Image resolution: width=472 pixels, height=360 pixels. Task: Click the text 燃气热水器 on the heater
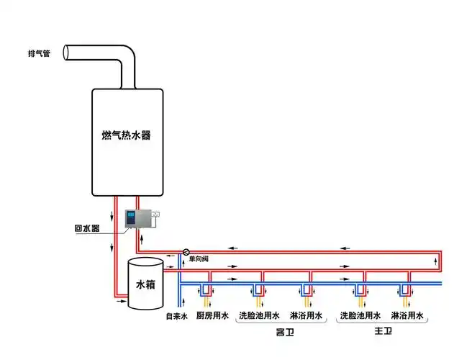[x=127, y=135]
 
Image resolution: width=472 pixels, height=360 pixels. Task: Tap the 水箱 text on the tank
[x=145, y=284]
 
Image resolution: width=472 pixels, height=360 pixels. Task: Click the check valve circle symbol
[x=186, y=252]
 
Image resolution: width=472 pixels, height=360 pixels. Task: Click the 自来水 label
[x=177, y=316]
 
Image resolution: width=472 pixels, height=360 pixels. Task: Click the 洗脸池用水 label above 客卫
[x=259, y=316]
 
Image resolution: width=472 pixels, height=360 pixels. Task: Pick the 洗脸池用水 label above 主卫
[x=360, y=316]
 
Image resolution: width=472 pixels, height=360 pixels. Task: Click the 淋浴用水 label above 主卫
[x=407, y=316]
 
